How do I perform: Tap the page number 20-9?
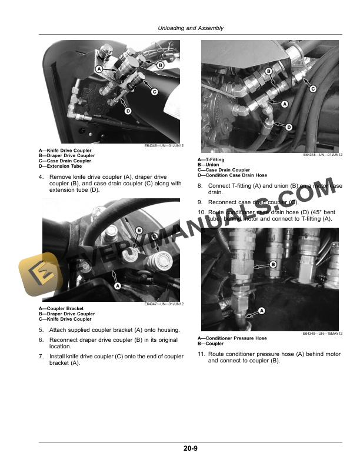[x=190, y=449]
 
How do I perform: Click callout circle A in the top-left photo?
[x=99, y=69]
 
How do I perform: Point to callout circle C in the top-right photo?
[x=312, y=89]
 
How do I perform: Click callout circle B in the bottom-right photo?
[x=272, y=265]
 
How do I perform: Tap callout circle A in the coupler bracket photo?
[x=116, y=286]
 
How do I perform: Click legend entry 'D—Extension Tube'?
[x=60, y=166]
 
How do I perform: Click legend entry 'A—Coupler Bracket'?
[x=61, y=309]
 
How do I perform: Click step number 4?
[x=41, y=177]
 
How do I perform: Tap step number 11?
[x=201, y=354]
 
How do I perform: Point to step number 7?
[x=41, y=357]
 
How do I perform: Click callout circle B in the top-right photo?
[x=268, y=71]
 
